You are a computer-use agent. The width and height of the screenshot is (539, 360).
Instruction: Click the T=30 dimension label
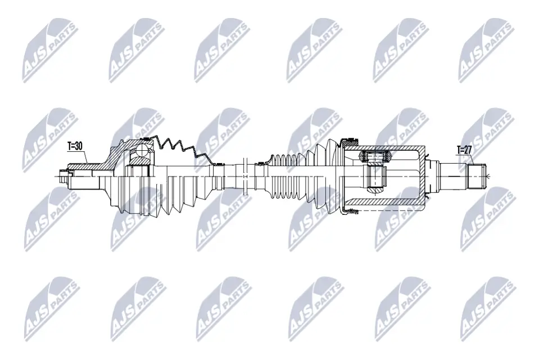point(75,146)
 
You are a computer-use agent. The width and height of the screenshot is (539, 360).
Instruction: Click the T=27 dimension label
point(464,150)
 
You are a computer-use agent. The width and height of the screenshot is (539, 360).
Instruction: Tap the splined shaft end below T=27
point(477,175)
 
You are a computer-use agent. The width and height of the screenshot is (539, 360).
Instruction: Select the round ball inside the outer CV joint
point(140,151)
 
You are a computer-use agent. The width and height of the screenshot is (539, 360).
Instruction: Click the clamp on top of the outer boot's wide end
point(145,138)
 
